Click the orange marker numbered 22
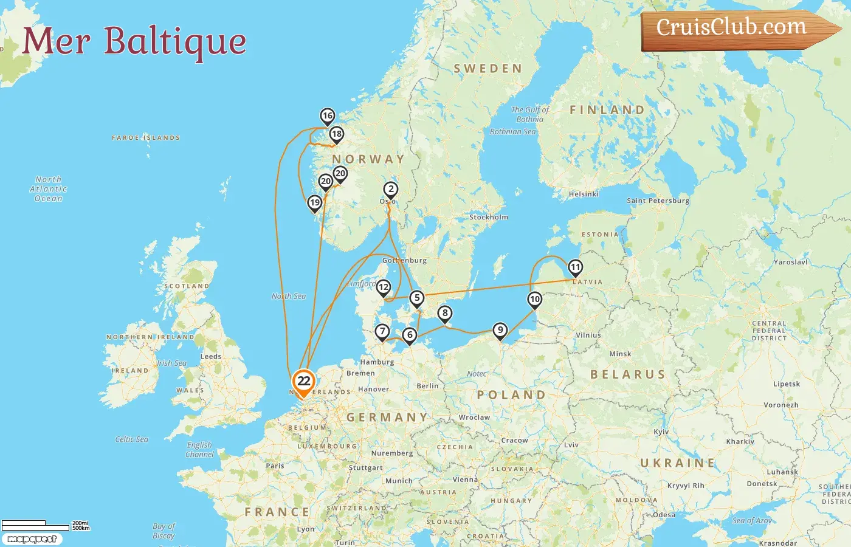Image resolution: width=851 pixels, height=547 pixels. (x=303, y=382)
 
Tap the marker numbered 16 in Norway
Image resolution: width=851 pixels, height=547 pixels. (x=328, y=116)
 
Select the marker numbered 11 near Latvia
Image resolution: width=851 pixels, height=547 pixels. (x=575, y=267)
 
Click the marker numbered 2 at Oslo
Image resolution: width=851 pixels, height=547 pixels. (x=391, y=190)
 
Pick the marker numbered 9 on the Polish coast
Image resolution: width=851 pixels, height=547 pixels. (x=500, y=330)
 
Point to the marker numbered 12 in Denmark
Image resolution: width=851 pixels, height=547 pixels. (x=384, y=287)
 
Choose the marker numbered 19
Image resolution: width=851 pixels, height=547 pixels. (x=314, y=203)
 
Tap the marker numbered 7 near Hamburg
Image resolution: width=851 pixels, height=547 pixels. (x=382, y=332)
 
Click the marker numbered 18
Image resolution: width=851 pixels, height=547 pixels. (x=336, y=134)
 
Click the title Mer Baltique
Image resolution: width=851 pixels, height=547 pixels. (x=134, y=41)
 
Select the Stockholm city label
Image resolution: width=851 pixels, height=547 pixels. (x=488, y=217)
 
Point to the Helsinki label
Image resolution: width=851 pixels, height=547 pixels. (x=584, y=194)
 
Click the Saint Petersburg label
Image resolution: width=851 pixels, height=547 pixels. (x=658, y=201)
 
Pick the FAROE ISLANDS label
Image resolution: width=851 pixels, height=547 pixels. (x=146, y=138)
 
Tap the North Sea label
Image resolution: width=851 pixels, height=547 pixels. (x=289, y=296)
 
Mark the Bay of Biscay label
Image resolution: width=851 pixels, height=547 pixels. (x=164, y=531)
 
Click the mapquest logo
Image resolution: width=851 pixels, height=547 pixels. (x=32, y=539)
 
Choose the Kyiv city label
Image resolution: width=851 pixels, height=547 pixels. (x=661, y=432)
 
